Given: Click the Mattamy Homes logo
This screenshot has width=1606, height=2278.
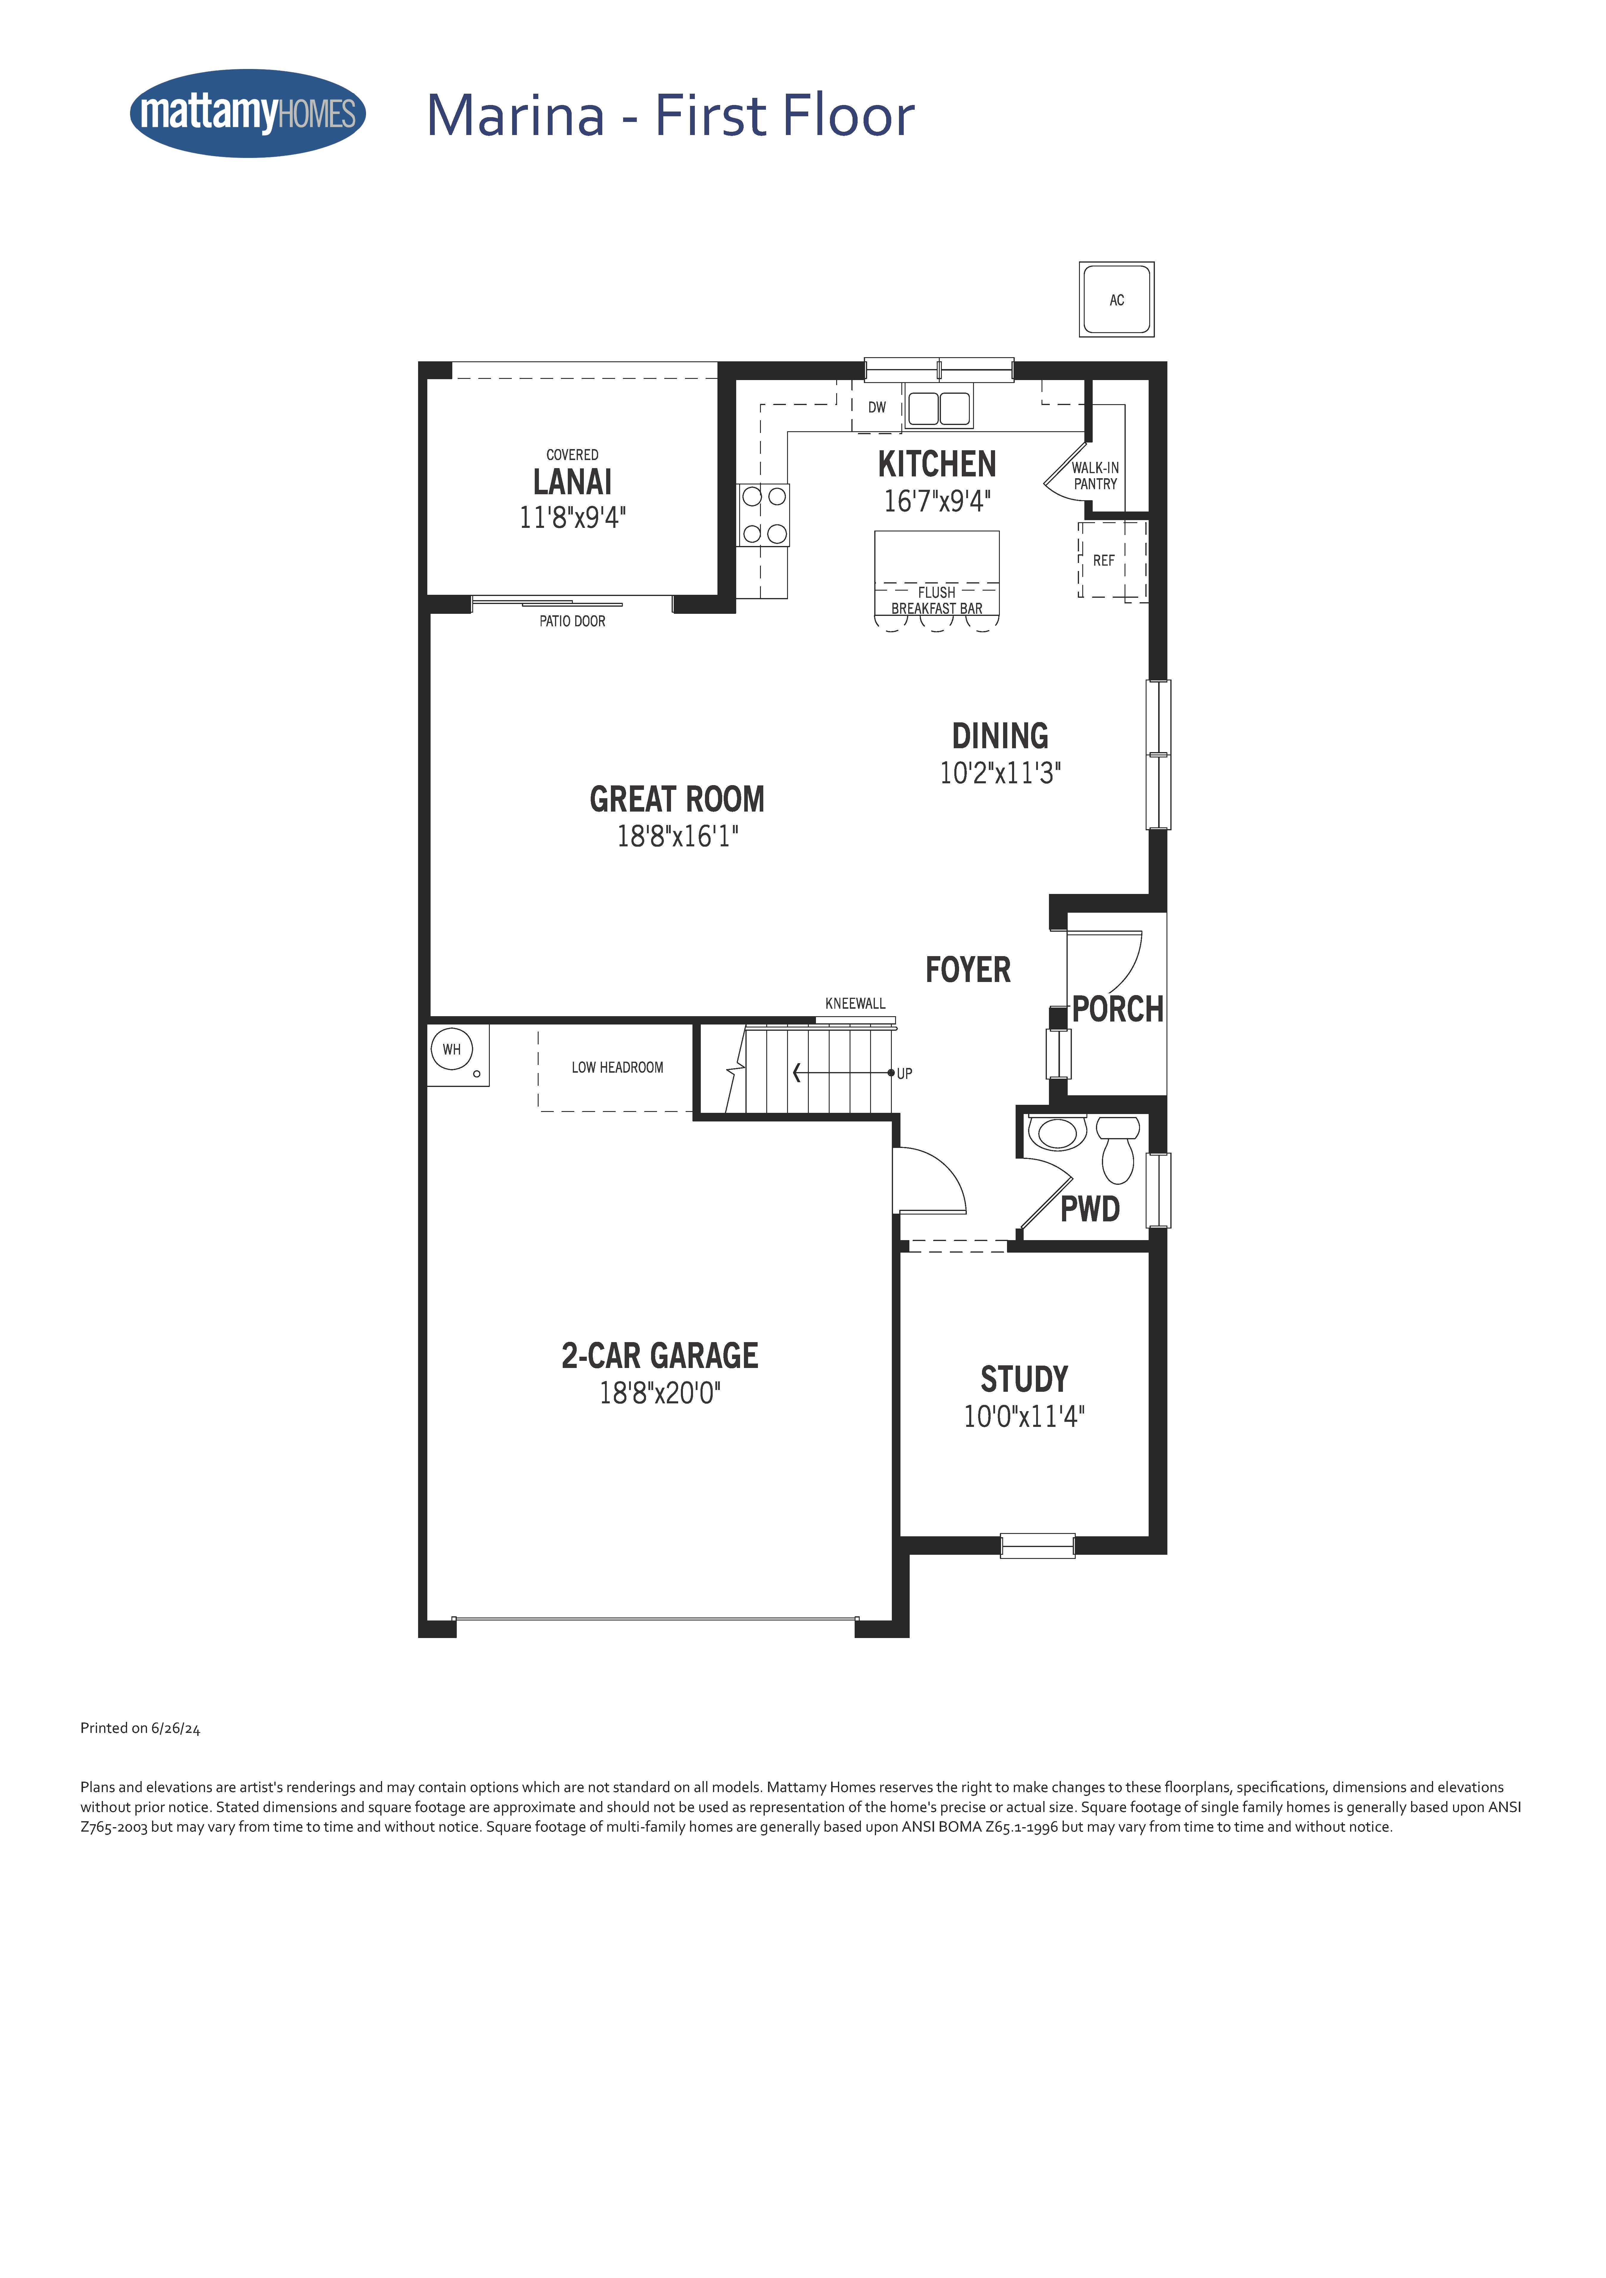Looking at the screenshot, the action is click(x=248, y=113).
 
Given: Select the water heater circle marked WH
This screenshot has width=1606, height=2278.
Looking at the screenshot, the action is click(x=452, y=1049).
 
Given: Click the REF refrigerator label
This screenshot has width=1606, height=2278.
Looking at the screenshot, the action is click(x=1104, y=561).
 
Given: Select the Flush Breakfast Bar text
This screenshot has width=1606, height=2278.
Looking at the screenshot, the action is click(x=937, y=600).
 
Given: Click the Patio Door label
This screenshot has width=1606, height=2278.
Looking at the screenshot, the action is click(x=573, y=621).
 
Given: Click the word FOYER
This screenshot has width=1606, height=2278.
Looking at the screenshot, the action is click(x=968, y=969).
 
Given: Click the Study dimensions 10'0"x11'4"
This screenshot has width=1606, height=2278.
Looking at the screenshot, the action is click(x=1024, y=1416).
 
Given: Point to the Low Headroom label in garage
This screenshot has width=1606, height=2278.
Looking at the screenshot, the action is click(x=617, y=1068).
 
